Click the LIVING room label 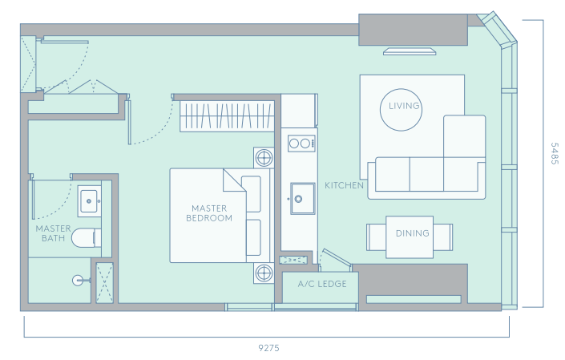(x=404, y=106)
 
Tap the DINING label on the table (x=412, y=233)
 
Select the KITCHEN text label (x=344, y=185)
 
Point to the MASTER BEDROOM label (x=209, y=213)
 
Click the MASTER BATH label (x=53, y=233)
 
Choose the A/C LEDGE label (x=322, y=284)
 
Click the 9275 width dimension (x=268, y=348)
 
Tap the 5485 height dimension (x=555, y=153)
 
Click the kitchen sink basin (x=303, y=198)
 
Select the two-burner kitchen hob (x=301, y=144)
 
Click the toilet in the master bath (x=87, y=238)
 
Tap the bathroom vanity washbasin (x=89, y=201)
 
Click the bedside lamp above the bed (x=264, y=158)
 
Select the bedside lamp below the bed (x=264, y=273)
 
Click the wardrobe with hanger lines (x=227, y=116)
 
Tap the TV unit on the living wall (x=410, y=51)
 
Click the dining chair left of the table (x=376, y=237)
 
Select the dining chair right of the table (x=443, y=237)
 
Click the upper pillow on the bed (x=251, y=194)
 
